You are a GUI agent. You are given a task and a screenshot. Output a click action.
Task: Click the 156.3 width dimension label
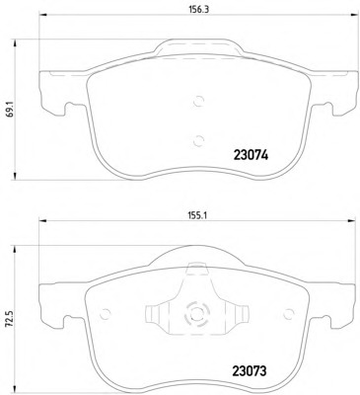coord(199,9)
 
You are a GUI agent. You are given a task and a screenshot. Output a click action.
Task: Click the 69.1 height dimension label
coord(10,110)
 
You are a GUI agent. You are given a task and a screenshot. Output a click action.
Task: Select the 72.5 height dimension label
coord(10,320)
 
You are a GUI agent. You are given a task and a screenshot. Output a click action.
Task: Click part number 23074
coord(251,155)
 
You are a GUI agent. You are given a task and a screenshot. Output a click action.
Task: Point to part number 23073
coord(250,371)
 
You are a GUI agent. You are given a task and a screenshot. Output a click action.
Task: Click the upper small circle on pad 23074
coord(198,101)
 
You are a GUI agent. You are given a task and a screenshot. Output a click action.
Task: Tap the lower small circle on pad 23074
coord(198,141)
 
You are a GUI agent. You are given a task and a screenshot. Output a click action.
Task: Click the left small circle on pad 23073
coord(106,314)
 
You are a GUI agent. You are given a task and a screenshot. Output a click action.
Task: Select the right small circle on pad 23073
coord(289,314)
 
